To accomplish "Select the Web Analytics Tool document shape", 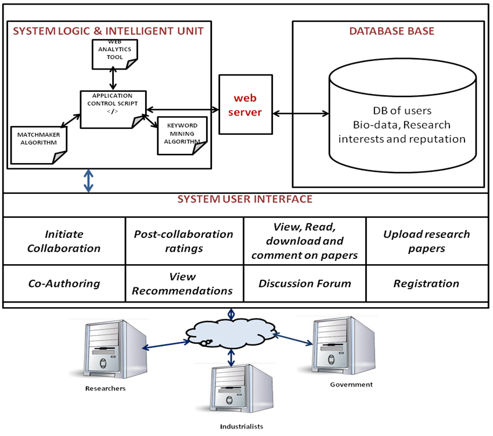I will pyautogui.click(x=116, y=53).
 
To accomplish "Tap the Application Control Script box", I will pyautogui.click(x=113, y=109).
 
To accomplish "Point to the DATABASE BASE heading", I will pyautogui.click(x=391, y=31).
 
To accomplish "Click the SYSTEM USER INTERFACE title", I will pyautogui.click(x=244, y=199).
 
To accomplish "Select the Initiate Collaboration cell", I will pyautogui.click(x=64, y=241).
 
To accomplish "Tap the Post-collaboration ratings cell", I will pyautogui.click(x=183, y=241).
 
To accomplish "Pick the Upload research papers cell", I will pyautogui.click(x=426, y=241).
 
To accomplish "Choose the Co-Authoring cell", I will pyautogui.click(x=64, y=284).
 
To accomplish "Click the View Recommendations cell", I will pyautogui.click(x=183, y=284).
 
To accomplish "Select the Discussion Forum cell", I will pyautogui.click(x=305, y=284).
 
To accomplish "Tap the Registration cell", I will pyautogui.click(x=426, y=284).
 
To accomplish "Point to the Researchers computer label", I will pyautogui.click(x=105, y=388).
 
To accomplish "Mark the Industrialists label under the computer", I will pyautogui.click(x=241, y=427).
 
